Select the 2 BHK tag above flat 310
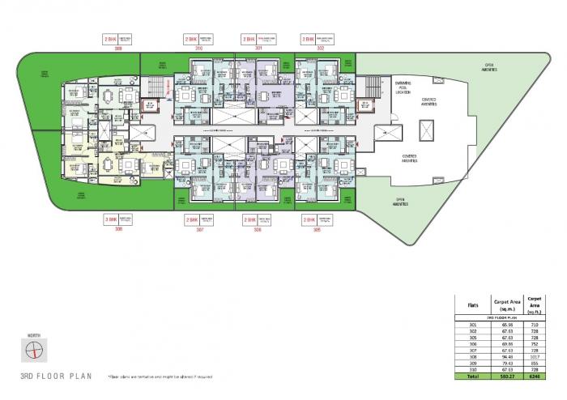pyautogui.click(x=190, y=39)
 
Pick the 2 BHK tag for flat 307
pyautogui.click(x=190, y=219)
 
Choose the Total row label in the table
pyautogui.click(x=472, y=377)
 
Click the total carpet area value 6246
pyautogui.click(x=535, y=377)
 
